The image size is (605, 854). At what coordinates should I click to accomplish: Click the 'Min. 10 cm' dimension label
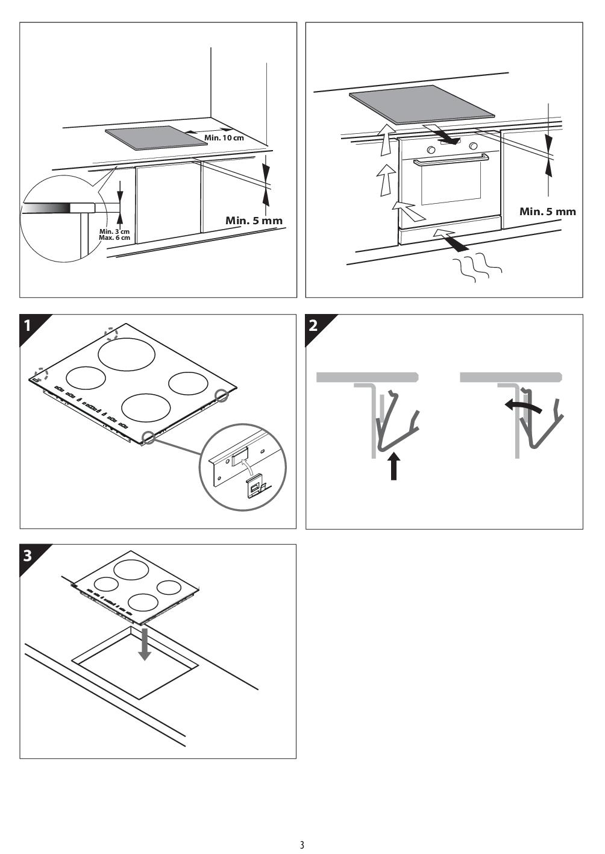[224, 137]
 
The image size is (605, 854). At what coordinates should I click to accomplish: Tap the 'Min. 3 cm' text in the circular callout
[114, 231]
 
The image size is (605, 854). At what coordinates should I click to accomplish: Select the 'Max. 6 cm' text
[114, 237]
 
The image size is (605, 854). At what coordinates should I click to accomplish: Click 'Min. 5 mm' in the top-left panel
[254, 221]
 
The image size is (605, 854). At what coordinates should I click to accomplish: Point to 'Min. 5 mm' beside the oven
[547, 211]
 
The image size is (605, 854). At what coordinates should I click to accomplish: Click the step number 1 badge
[27, 326]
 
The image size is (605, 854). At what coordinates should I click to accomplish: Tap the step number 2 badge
[313, 326]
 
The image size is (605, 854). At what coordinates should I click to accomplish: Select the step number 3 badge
[27, 556]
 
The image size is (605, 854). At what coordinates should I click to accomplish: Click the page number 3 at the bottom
[302, 844]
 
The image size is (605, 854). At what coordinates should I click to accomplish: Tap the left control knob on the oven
[431, 148]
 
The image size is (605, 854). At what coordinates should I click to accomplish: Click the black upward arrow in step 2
[393, 466]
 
